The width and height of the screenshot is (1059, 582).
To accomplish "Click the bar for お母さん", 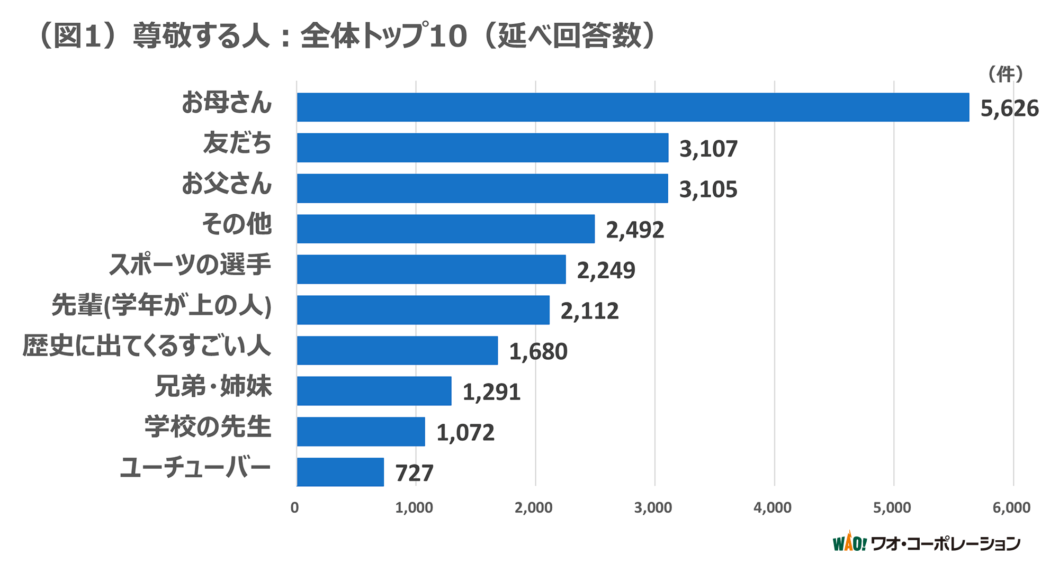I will tap(633, 107).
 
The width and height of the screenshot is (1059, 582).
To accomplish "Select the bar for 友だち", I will tap(482, 148).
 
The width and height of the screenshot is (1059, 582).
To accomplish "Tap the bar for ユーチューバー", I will tap(340, 472).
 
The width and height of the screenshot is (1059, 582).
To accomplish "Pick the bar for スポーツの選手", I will tap(431, 269).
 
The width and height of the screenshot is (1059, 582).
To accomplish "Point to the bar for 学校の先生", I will tap(361, 432).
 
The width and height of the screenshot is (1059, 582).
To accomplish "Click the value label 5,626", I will tap(1009, 109).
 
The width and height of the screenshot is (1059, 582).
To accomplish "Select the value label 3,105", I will tap(708, 189).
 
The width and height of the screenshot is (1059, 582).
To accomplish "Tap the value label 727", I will tap(414, 473).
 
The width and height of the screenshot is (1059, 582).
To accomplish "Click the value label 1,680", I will tap(538, 352).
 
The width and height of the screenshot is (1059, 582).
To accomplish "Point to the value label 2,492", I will tap(634, 230).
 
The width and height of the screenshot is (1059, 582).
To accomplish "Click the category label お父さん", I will tap(227, 184).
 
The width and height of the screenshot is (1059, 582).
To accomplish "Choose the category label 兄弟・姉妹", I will tap(213, 386).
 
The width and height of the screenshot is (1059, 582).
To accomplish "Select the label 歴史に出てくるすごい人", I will tap(147, 346).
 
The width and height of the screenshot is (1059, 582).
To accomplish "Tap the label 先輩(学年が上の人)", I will tap(161, 306).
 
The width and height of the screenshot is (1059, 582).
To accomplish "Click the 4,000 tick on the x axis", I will tap(772, 508).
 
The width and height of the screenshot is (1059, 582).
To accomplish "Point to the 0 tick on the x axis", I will tap(294, 508).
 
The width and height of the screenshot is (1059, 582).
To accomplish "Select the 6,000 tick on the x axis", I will tap(1011, 508).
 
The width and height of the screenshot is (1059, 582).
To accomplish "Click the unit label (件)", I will tap(1005, 75).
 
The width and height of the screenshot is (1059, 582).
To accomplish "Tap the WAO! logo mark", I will tap(849, 543).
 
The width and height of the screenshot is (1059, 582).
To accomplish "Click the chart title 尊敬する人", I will tap(201, 37).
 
